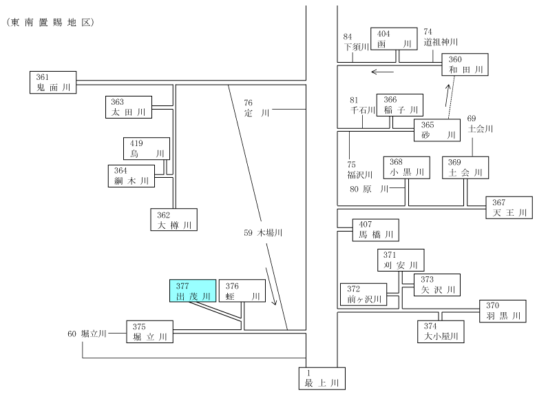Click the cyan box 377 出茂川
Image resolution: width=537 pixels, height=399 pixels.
click(x=193, y=291)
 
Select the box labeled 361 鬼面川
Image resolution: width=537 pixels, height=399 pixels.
click(x=53, y=82)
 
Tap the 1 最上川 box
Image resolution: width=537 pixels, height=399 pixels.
click(x=322, y=378)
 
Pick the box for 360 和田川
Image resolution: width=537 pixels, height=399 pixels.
click(x=465, y=65)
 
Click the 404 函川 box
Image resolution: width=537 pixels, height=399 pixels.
click(x=394, y=39)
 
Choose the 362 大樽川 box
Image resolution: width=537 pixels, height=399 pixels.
click(x=174, y=219)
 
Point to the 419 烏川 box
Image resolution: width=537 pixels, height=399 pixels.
click(x=147, y=148)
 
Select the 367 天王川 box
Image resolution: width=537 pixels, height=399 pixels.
click(x=509, y=207)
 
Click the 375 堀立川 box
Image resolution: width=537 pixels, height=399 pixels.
click(x=149, y=332)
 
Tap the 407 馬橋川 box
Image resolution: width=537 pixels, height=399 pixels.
click(x=376, y=230)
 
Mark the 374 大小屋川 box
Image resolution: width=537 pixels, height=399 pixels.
click(x=441, y=331)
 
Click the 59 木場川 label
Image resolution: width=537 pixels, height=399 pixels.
click(x=263, y=233)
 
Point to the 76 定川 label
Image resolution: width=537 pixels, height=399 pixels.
click(x=257, y=108)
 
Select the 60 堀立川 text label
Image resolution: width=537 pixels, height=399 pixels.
click(x=87, y=334)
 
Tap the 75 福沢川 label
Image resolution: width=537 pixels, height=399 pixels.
click(x=359, y=170)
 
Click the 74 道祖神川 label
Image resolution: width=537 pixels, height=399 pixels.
click(x=441, y=37)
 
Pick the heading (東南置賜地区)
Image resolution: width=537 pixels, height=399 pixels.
click(x=50, y=22)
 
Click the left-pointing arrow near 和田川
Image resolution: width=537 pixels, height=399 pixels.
click(x=383, y=72)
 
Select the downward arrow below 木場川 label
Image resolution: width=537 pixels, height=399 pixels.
click(x=271, y=286)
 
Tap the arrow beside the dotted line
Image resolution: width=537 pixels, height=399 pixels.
click(x=447, y=95)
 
